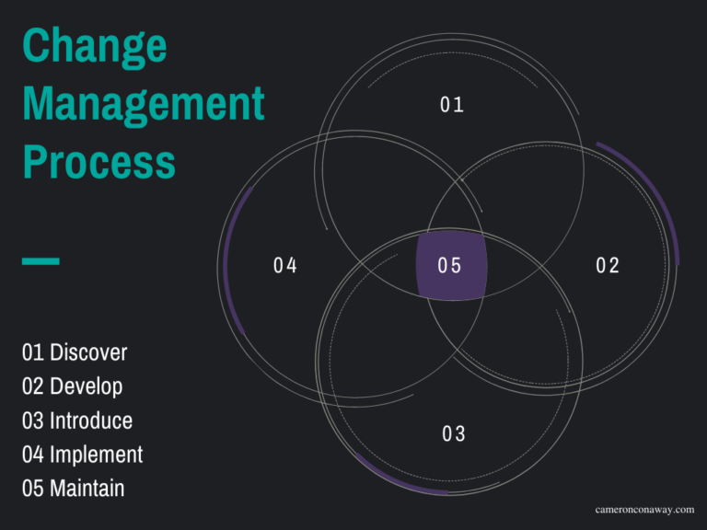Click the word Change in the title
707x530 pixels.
[94, 46]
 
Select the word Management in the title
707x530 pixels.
[143, 103]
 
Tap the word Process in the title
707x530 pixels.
[99, 162]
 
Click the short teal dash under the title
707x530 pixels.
[41, 261]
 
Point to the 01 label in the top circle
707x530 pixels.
[451, 105]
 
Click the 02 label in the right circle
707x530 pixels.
[608, 266]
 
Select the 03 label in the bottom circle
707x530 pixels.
[454, 433]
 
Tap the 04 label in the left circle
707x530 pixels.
[285, 266]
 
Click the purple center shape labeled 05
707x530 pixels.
[450, 266]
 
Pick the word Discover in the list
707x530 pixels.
[88, 352]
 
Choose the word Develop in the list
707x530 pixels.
[86, 386]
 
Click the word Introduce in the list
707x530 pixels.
[91, 421]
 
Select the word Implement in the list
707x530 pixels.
[96, 455]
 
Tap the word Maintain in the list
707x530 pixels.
[87, 489]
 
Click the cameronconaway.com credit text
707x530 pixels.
[644, 509]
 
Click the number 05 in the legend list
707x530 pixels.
[33, 489]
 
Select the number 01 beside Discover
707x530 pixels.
[33, 352]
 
